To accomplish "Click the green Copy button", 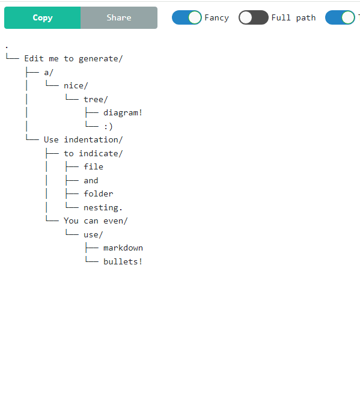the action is coord(43,18).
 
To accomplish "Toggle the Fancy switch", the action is coord(187,17).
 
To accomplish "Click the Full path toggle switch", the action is coord(253,17).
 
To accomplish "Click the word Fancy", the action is coord(216,18).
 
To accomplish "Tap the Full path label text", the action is coord(293,18).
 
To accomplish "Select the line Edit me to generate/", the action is coord(73,59).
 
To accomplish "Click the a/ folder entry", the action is coord(49,72).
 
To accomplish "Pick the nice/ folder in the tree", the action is coord(76,86).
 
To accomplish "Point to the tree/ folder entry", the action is coord(96,99).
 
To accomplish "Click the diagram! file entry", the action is coord(123,113).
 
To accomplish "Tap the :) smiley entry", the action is coord(108,127).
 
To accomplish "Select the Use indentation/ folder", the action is coord(83,140).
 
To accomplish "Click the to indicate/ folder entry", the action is coord(93,153).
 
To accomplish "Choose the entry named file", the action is coord(93,166).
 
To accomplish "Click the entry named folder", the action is coord(99,193).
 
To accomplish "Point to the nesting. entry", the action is coord(103,207).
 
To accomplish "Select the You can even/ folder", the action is coord(96,221).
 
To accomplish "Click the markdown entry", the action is coord(123,248).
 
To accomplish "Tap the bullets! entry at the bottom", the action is coord(123,261).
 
